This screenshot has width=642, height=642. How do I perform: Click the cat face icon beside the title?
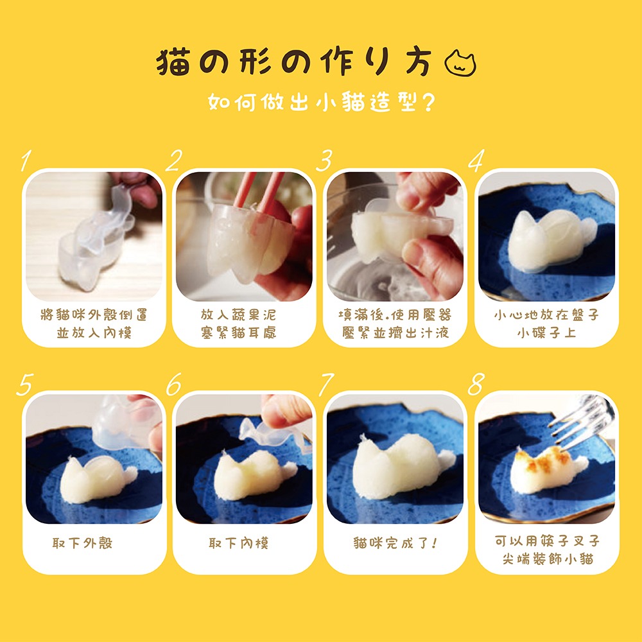point(461,64)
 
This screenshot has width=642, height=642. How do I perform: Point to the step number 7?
point(325,385)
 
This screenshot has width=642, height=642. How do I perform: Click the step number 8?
point(475,385)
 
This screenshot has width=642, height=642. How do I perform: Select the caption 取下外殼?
point(82,543)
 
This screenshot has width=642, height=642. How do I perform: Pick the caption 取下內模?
point(239,543)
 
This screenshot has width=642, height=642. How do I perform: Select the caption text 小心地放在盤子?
point(546,315)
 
